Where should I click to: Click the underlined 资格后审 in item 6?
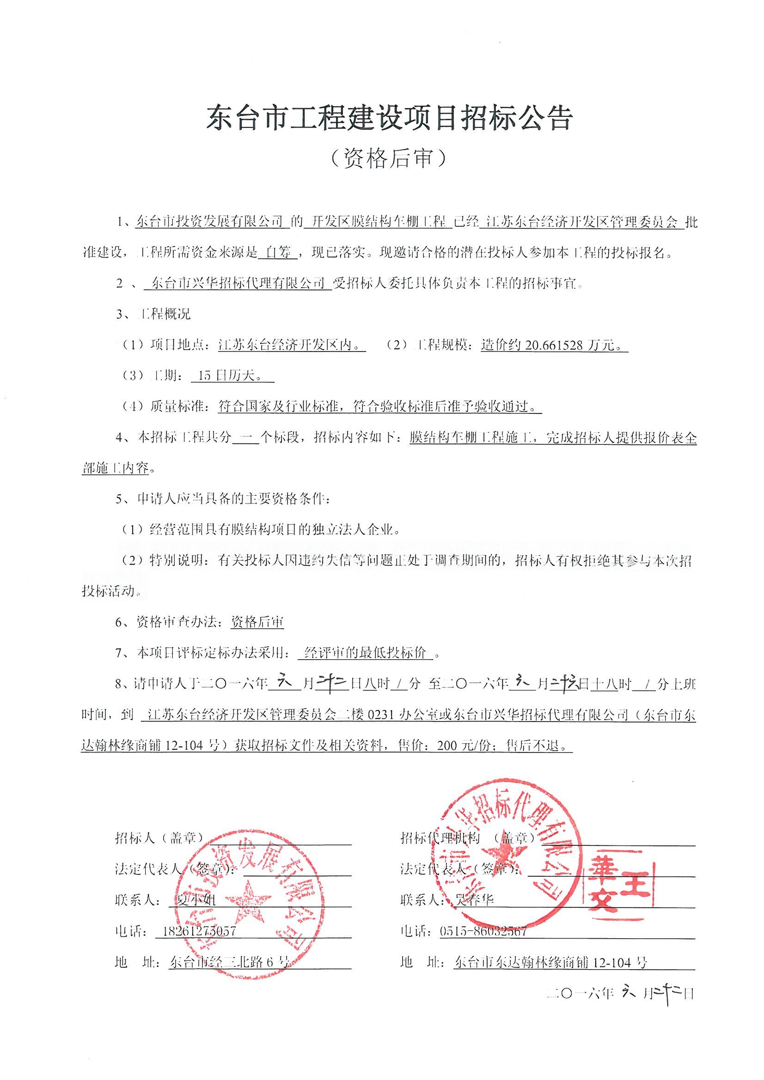coord(257,623)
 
